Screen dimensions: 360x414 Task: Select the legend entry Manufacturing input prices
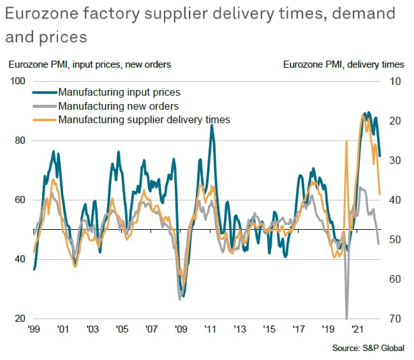[x=118, y=93]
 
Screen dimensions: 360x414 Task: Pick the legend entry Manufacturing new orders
[x=117, y=106]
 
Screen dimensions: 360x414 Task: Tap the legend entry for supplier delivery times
[x=143, y=119]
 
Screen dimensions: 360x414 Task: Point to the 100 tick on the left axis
[x=17, y=81]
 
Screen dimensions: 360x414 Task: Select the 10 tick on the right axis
[x=394, y=81]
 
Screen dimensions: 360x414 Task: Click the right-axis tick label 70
[x=394, y=319]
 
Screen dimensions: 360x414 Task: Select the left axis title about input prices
[x=89, y=64]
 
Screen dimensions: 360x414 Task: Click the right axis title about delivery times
[x=343, y=64]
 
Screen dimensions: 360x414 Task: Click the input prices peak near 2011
[x=211, y=126]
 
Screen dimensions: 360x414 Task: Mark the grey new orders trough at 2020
[x=347, y=317]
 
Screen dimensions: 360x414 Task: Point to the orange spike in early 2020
[x=346, y=141]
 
